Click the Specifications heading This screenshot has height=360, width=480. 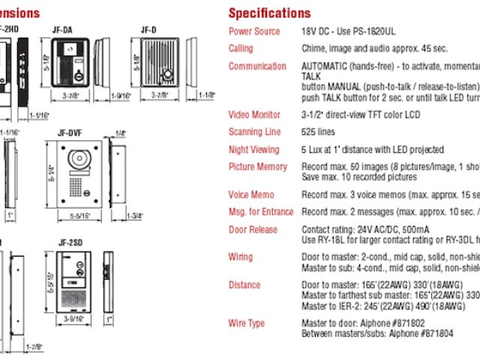pyautogui.click(x=269, y=13)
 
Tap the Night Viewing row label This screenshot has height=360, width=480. pyautogui.click(x=254, y=150)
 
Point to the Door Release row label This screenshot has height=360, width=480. pyautogui.click(x=253, y=229)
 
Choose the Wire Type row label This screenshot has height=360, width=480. pyautogui.click(x=247, y=323)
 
